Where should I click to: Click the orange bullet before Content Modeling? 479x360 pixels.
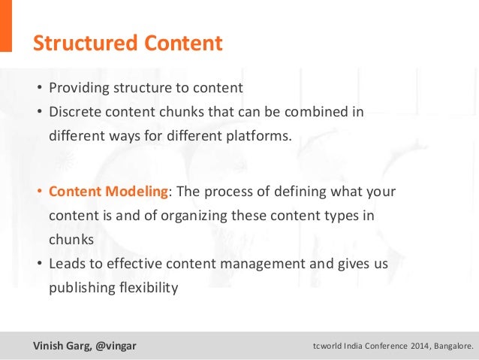pos(41,191)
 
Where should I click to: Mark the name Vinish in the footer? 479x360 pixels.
pos(47,346)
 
